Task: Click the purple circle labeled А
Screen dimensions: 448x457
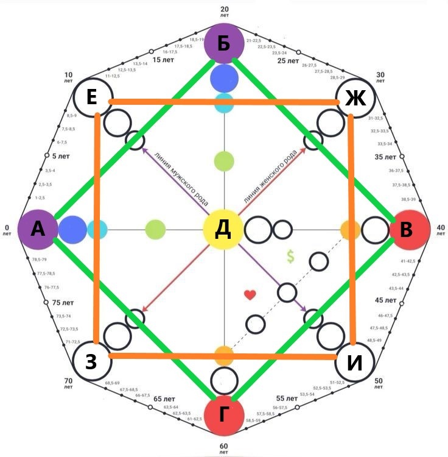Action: [38, 230]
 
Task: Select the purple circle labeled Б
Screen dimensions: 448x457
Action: [224, 44]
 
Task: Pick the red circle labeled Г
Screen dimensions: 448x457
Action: [224, 415]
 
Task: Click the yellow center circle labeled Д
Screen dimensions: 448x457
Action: [223, 230]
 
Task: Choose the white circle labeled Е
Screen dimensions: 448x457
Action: [92, 98]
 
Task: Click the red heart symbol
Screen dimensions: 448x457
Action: [250, 295]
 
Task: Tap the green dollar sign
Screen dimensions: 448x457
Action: [290, 257]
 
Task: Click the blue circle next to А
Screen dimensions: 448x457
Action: [72, 230]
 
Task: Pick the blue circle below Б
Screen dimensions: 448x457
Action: [224, 79]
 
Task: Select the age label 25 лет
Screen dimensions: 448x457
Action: [288, 62]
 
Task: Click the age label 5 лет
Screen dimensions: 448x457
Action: [61, 156]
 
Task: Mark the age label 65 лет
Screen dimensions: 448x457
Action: [163, 399]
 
